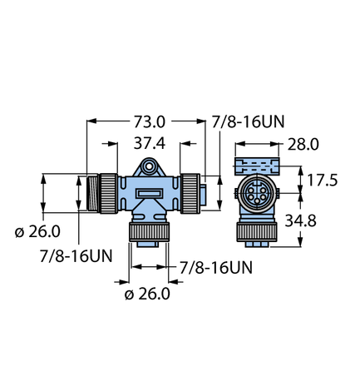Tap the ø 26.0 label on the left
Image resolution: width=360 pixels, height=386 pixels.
coord(39,231)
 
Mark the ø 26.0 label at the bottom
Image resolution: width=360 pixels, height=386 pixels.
coord(147,293)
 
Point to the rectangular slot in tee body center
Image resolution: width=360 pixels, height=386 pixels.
coord(150,195)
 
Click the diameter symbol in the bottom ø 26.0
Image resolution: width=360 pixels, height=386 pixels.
coord(129,294)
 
